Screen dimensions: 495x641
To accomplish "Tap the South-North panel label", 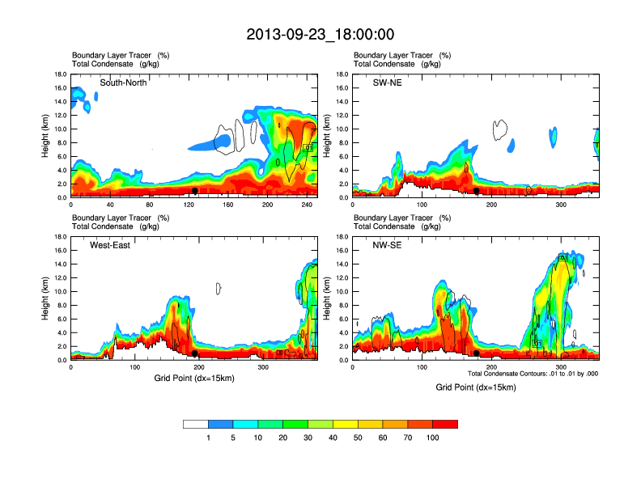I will pos(123,82).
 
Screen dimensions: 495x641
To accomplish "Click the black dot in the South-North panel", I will pos(195,191).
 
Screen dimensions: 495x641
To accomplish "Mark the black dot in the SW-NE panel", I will pos(477,191).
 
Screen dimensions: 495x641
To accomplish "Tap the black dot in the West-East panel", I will pos(195,353).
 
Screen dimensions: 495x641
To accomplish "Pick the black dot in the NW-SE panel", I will pos(477,353).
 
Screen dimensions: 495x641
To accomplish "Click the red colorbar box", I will pos(445,424).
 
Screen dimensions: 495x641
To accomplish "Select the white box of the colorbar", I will pos(196,424).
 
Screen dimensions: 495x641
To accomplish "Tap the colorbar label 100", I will pos(433,438).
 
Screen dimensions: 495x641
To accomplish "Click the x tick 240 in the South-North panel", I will pos(308,205).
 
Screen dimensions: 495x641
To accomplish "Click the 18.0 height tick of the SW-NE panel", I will pos(342,74).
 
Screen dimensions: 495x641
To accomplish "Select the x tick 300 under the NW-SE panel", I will pos(561,367).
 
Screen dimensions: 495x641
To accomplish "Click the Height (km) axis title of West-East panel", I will pos(45,298).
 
